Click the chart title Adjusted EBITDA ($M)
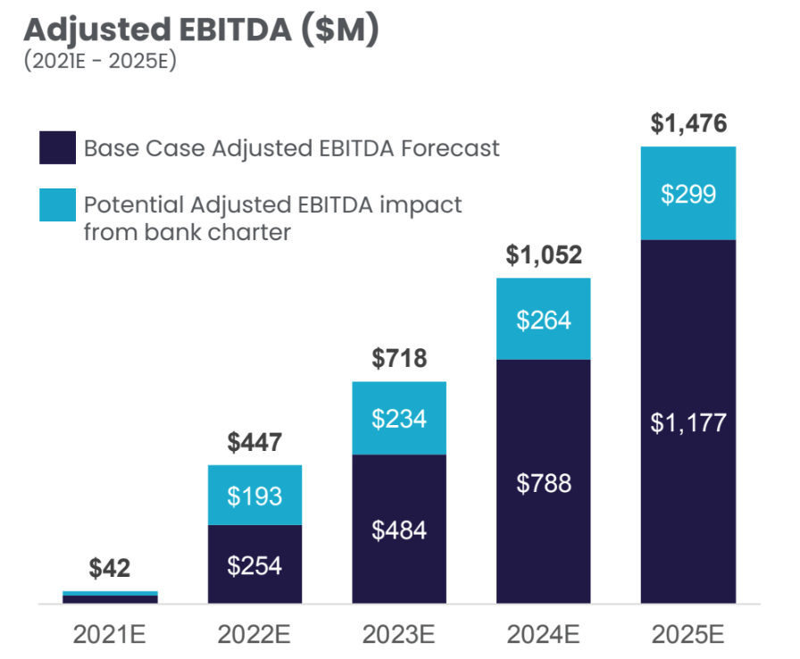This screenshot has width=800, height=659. coord(201,29)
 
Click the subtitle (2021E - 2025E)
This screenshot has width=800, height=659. coord(99,64)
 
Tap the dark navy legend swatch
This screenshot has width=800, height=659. coord(57,147)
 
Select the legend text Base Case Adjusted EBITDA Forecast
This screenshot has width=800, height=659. coord(292,147)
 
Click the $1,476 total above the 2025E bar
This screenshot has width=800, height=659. coord(688,124)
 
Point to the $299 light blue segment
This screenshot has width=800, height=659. coord(688,194)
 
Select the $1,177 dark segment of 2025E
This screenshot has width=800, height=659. coord(688,421)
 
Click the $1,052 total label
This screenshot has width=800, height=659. coord(544,256)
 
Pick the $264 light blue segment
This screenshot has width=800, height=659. coord(544,319)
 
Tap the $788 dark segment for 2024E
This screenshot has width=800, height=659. coord(544,483)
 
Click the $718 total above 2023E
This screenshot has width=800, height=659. coord(399,359)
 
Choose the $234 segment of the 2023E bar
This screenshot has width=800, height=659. coord(399,418)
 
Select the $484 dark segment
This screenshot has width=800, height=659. coord(399,530)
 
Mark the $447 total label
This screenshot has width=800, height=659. coord(254,442)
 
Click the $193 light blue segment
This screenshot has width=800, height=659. coord(254,496)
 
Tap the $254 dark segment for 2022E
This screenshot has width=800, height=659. coord(254,565)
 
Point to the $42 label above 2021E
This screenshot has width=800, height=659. coord(110,568)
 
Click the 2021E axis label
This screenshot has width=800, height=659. coord(110,635)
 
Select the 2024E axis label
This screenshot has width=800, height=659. coord(544,635)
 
